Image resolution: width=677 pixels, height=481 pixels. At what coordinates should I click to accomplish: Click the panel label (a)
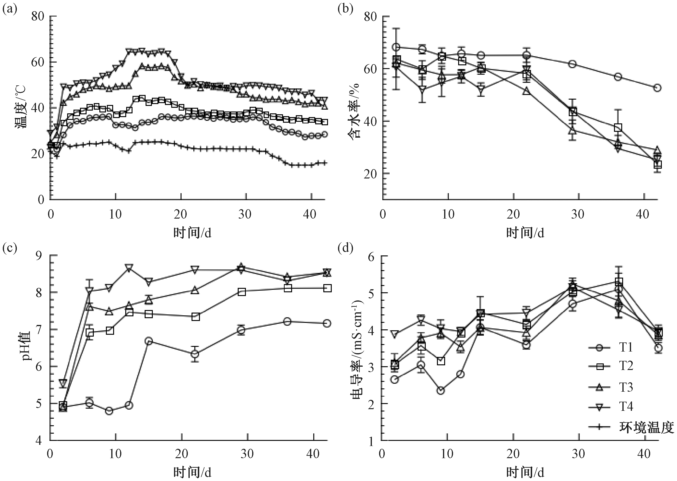tap(10, 10)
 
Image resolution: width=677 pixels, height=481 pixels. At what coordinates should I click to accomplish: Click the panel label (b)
tap(345, 10)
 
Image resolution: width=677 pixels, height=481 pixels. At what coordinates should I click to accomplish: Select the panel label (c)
tap(10, 248)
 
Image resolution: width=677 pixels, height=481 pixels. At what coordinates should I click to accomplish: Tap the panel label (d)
tap(345, 248)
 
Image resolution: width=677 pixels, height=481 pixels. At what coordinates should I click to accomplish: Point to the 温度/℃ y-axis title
tap(21, 107)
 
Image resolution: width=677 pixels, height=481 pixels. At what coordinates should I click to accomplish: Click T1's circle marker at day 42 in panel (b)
tap(657, 88)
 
